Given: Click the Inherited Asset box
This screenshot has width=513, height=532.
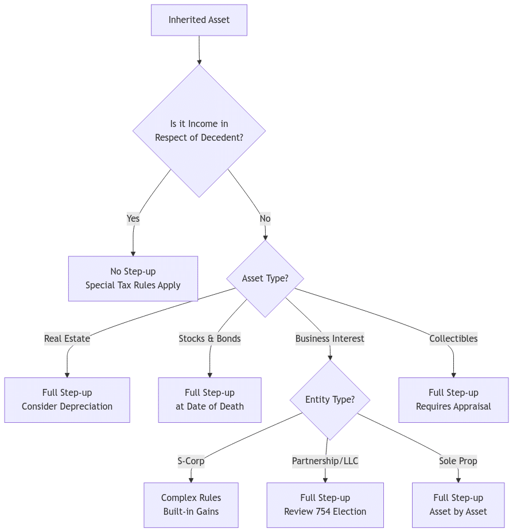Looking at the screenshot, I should click(x=199, y=20).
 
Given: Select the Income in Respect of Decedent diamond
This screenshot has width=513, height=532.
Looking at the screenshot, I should click(x=199, y=130).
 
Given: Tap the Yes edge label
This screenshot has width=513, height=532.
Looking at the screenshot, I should click(x=133, y=218).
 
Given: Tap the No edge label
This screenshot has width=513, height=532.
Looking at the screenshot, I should click(x=265, y=218).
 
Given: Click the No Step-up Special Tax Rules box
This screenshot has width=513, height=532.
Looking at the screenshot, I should click(x=133, y=279).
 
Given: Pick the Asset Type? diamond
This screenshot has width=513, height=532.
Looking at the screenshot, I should click(x=265, y=279).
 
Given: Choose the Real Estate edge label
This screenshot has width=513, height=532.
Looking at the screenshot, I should click(x=67, y=338).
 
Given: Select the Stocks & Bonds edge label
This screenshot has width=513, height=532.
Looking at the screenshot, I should click(x=209, y=338).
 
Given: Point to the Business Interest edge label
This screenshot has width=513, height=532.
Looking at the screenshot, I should click(x=330, y=338).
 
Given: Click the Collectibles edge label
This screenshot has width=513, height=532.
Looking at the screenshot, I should click(x=453, y=338).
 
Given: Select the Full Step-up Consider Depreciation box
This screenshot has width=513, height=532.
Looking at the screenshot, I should click(x=67, y=400).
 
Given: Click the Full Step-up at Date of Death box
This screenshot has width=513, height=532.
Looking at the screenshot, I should click(x=209, y=400).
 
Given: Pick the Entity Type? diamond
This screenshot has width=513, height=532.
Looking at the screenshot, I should click(x=330, y=400).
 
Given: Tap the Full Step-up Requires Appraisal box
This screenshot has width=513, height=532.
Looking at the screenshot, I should click(x=453, y=400).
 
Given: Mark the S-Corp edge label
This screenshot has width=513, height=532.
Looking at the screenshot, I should click(x=191, y=461).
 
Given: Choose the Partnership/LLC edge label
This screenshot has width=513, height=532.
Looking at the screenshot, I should click(x=325, y=461).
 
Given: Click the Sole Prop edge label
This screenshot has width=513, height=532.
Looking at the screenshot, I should click(x=458, y=461).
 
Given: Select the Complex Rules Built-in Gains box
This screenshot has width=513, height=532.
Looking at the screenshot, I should click(x=191, y=505).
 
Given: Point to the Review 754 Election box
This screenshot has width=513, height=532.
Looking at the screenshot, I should click(x=325, y=505).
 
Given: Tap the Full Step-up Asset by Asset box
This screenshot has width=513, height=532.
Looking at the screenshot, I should click(x=458, y=505).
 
